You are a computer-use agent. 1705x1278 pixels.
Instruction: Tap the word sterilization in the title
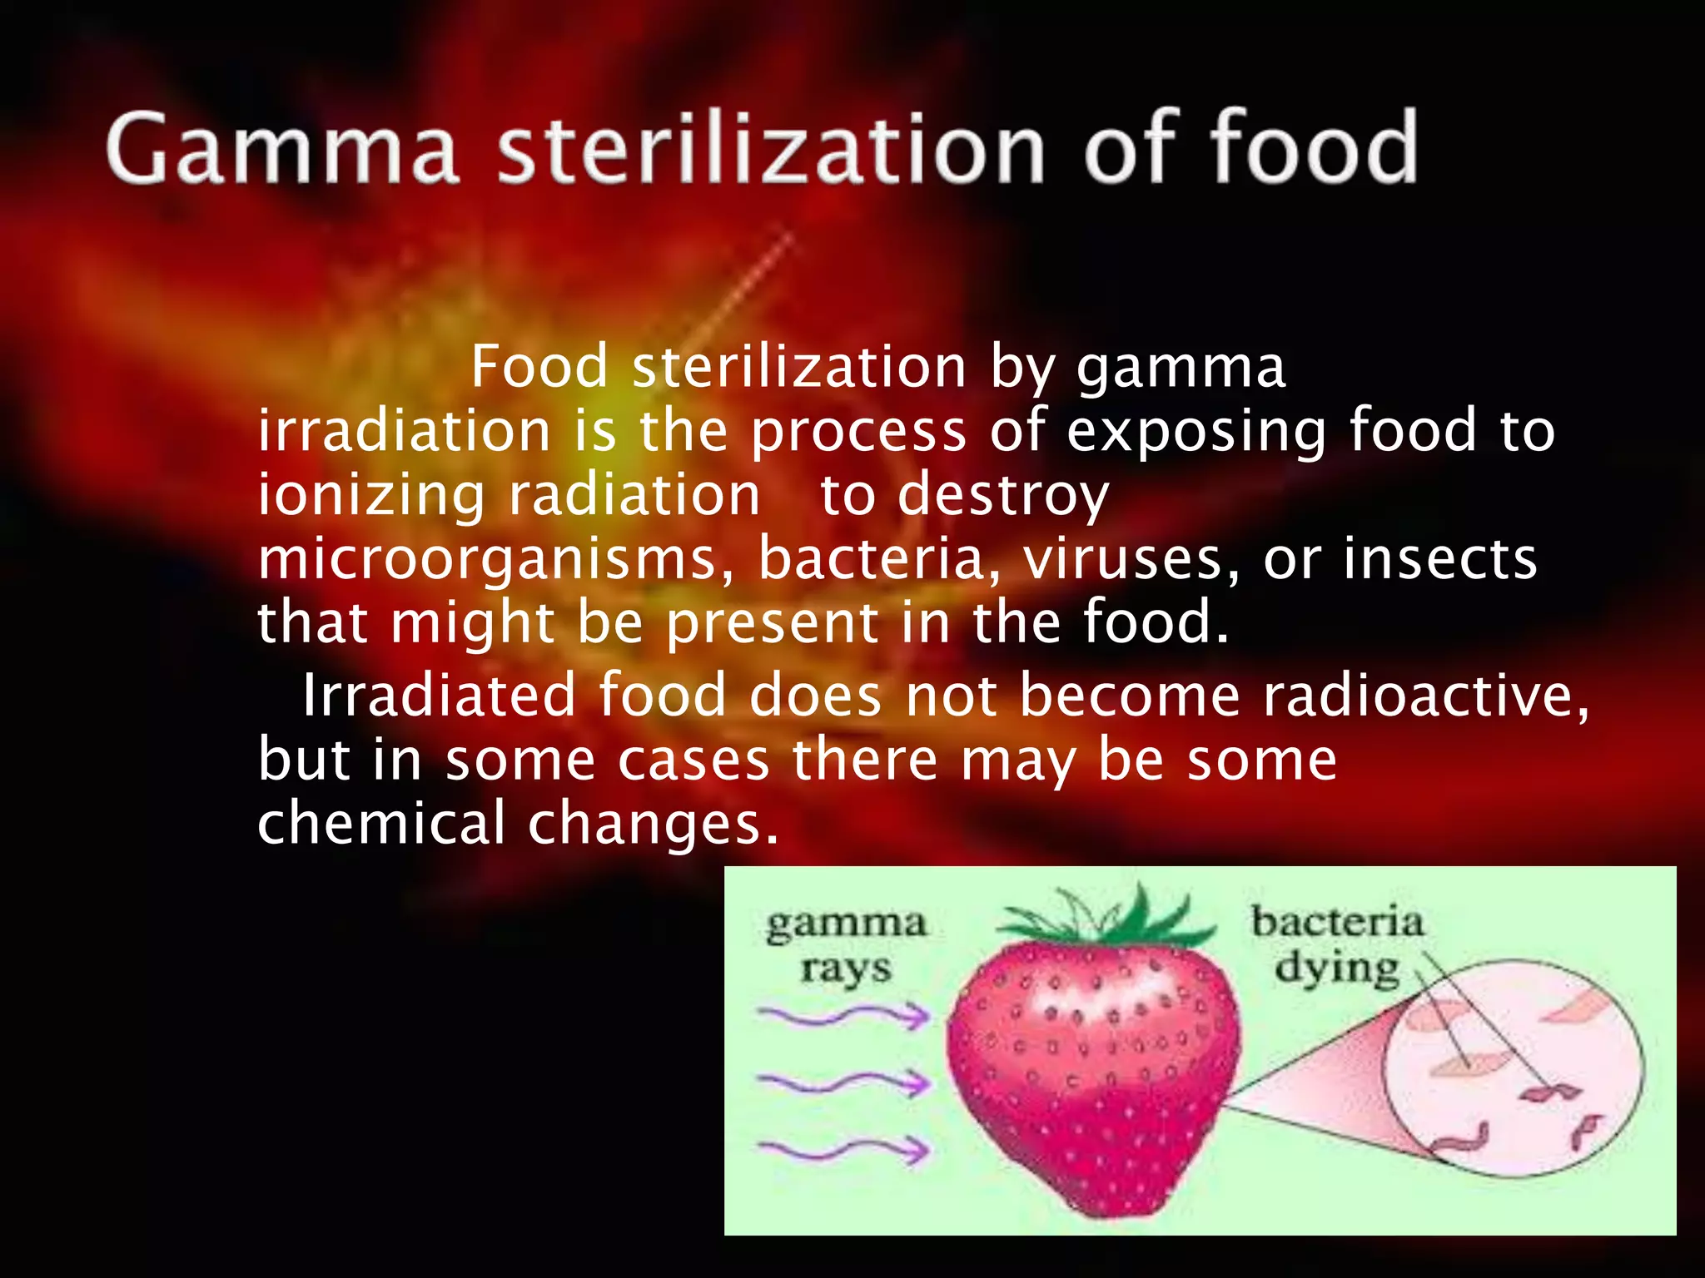770,150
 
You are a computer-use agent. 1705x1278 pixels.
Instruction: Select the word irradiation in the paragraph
404,431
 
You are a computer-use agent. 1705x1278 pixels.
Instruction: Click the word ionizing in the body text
370,496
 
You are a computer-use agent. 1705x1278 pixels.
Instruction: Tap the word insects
1440,559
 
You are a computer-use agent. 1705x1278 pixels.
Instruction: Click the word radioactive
1424,696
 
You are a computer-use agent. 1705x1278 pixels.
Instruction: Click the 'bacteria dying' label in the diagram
1337,945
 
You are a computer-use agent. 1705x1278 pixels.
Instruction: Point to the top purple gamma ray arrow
844,1016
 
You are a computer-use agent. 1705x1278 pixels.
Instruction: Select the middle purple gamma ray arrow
844,1082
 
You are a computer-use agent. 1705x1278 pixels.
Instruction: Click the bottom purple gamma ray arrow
844,1150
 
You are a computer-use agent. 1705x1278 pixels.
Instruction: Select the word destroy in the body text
1003,496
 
